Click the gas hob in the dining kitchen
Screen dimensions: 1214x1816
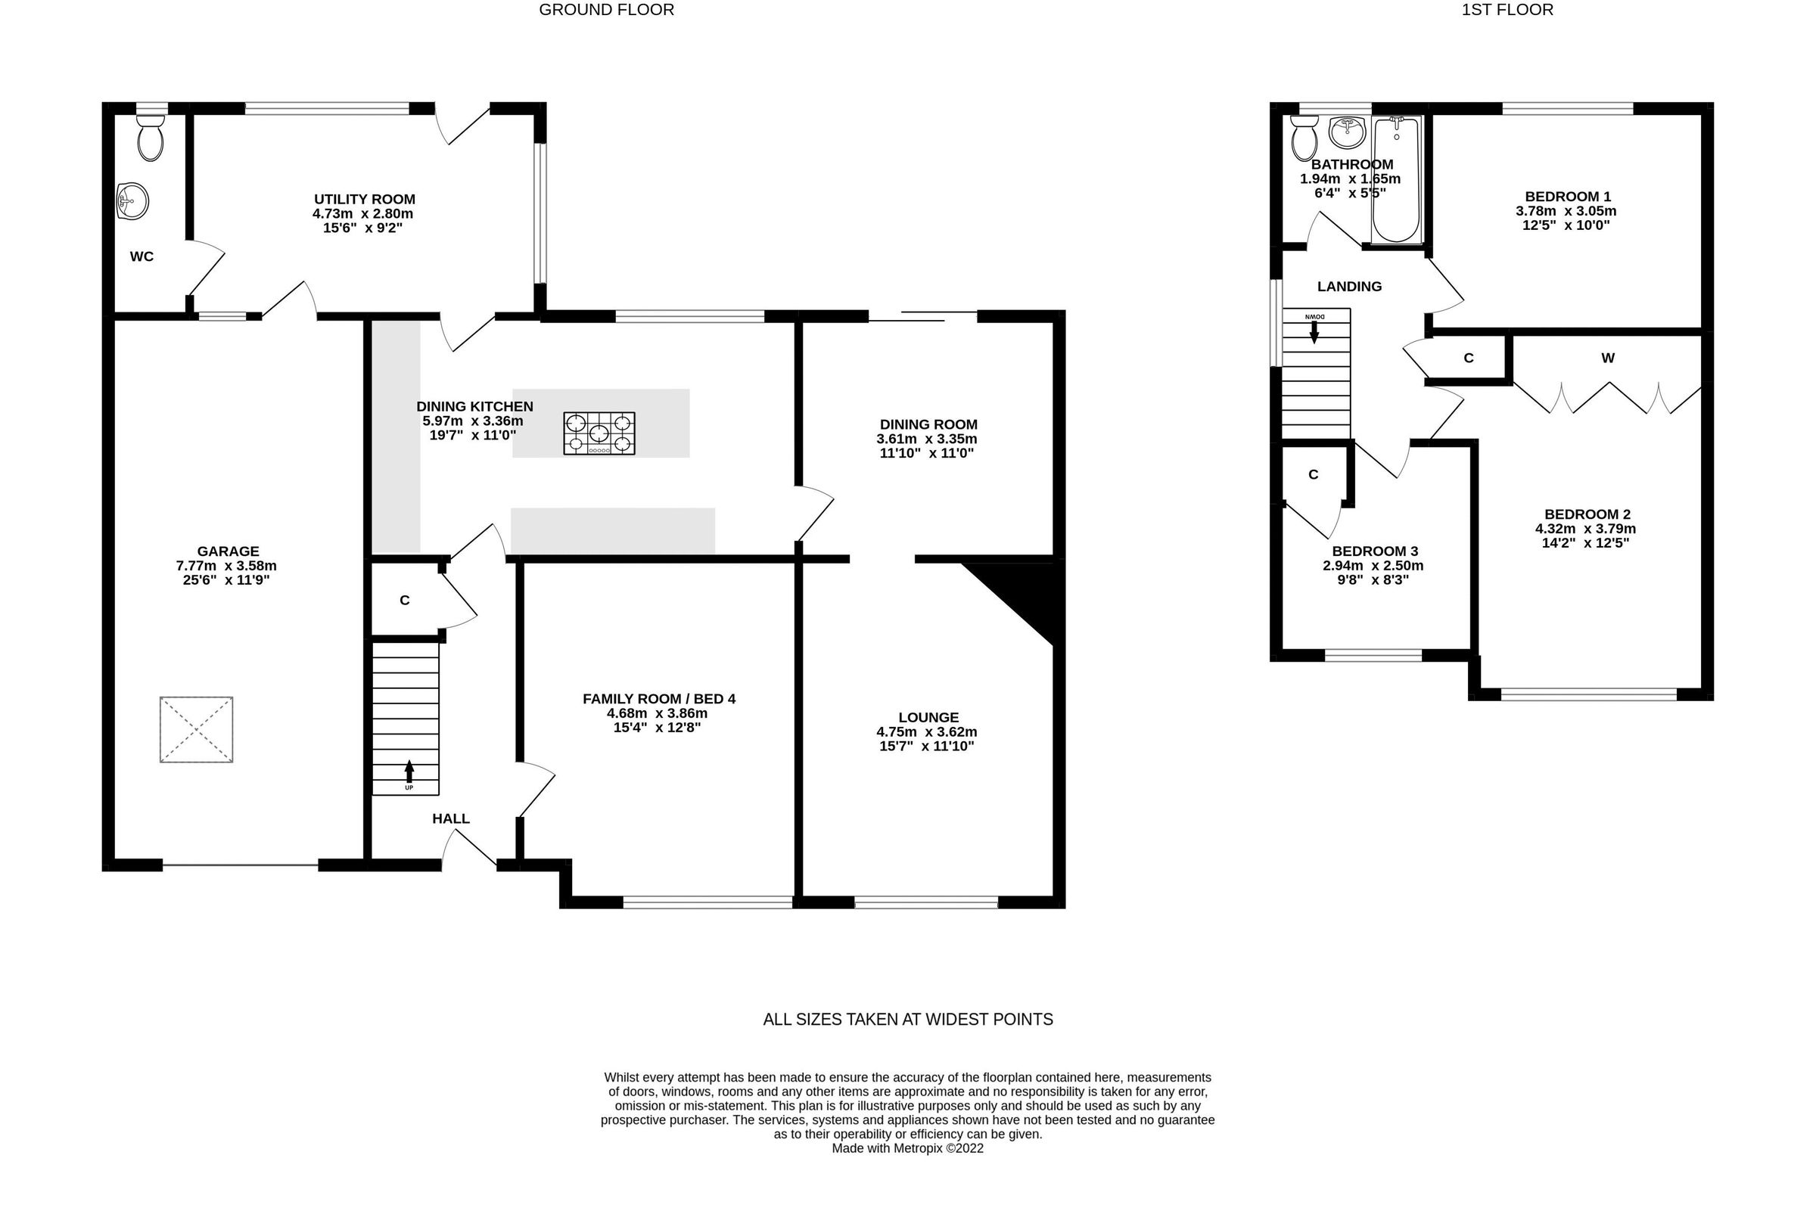point(599,433)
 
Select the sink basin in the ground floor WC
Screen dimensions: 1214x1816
point(132,201)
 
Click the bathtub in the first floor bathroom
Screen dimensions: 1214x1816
point(1396,180)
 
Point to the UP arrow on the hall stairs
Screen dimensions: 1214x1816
point(409,774)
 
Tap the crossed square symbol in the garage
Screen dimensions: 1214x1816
point(197,729)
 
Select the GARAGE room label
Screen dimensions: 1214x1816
point(228,551)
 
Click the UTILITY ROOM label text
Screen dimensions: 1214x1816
point(364,199)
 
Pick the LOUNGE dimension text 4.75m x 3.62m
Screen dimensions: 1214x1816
point(927,731)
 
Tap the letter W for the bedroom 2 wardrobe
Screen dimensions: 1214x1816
point(1608,358)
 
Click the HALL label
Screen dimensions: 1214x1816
point(451,818)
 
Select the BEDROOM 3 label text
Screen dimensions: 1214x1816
point(1375,551)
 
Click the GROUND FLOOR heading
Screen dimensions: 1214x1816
point(606,10)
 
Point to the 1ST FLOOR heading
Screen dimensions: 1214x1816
point(1507,10)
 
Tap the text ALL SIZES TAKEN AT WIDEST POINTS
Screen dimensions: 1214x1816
point(907,1020)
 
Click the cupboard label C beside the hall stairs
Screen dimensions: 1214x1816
point(404,600)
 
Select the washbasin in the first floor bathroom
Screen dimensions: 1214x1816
point(1348,132)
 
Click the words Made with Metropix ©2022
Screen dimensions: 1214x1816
point(907,1148)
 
